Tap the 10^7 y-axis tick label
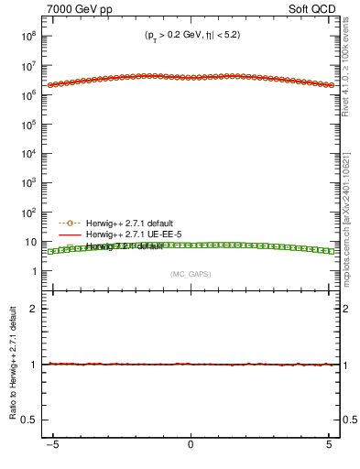click(27, 67)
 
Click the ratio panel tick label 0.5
click(31, 420)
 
